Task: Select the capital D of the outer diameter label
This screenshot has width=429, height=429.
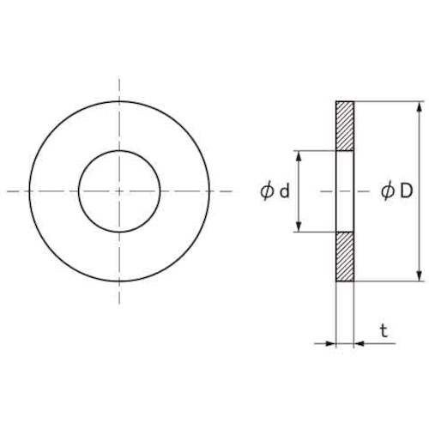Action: [406, 193]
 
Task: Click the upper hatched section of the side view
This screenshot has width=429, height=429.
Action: [344, 126]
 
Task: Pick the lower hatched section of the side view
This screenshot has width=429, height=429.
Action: [344, 256]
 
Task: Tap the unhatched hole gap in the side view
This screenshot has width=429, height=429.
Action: [344, 191]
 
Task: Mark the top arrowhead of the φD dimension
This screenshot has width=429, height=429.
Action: [419, 107]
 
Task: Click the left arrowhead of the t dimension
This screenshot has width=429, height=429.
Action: [330, 343]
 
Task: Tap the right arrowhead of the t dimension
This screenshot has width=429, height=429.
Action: [358, 343]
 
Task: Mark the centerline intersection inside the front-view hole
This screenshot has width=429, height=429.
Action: [118, 191]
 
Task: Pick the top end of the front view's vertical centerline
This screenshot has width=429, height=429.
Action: [118, 79]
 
